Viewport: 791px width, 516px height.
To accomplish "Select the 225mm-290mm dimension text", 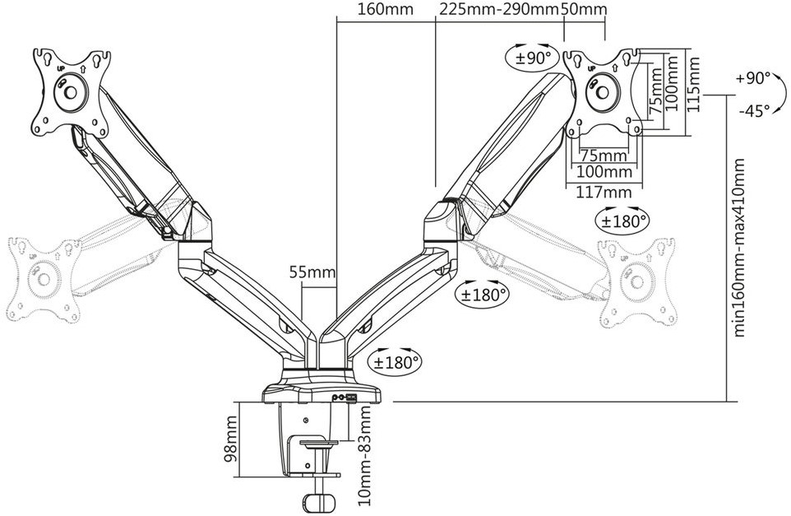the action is tap(499, 10).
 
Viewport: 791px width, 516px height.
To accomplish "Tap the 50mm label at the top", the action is tap(584, 10).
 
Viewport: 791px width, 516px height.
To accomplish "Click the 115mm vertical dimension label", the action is tap(694, 84).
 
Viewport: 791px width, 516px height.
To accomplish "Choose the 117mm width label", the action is tap(604, 192).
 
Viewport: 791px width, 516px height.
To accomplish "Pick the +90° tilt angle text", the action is tap(753, 78).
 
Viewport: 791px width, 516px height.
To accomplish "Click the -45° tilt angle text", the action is tap(754, 110).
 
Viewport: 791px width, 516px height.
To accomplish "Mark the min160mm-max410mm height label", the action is tap(738, 248).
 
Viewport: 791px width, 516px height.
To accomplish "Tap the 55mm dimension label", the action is tap(312, 272).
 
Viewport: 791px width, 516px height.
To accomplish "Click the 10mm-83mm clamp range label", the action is tap(364, 456).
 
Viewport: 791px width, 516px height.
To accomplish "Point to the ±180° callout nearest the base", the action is tap(396, 361).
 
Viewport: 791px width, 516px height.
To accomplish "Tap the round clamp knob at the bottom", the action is tap(319, 504).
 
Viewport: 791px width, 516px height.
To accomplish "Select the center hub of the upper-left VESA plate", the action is tap(70, 92).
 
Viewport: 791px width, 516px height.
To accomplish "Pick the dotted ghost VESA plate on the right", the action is tap(637, 282).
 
